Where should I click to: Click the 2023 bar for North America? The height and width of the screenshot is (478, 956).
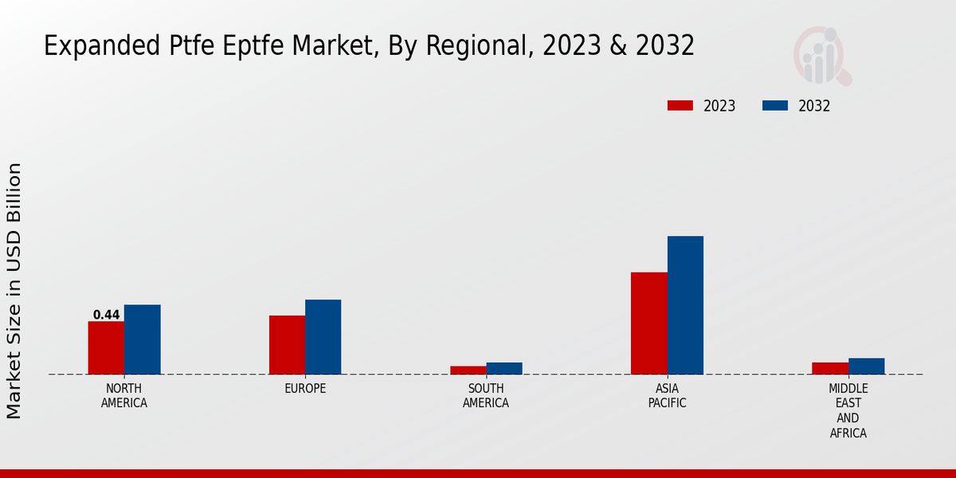tap(106, 347)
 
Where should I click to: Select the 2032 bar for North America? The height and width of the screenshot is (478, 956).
tap(142, 339)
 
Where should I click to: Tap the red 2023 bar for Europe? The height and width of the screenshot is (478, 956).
tap(287, 345)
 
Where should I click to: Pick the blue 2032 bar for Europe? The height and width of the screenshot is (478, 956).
tap(323, 337)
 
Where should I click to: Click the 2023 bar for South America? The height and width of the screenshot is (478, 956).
tap(468, 370)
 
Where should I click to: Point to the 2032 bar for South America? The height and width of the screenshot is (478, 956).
tap(504, 368)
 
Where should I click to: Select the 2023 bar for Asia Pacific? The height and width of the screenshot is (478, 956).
tap(648, 323)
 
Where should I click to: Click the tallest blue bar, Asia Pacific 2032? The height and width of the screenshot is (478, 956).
tap(685, 305)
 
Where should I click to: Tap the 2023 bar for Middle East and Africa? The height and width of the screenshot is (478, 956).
tap(830, 368)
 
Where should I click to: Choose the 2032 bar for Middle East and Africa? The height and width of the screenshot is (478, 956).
tap(866, 366)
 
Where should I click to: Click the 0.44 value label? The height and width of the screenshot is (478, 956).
tap(106, 315)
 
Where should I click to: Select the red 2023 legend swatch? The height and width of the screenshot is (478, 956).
tap(680, 106)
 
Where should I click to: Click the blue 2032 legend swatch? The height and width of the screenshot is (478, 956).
tap(775, 106)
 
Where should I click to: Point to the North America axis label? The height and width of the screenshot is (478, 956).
tap(123, 396)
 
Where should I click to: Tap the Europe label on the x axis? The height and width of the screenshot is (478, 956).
tap(305, 389)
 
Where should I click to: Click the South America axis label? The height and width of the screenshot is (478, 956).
tap(486, 396)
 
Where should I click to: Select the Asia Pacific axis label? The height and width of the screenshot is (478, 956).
tap(667, 396)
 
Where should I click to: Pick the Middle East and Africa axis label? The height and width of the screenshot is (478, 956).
tap(848, 410)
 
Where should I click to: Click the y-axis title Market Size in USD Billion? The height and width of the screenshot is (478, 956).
tap(14, 291)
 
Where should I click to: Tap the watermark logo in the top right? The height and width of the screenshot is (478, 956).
tap(822, 56)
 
